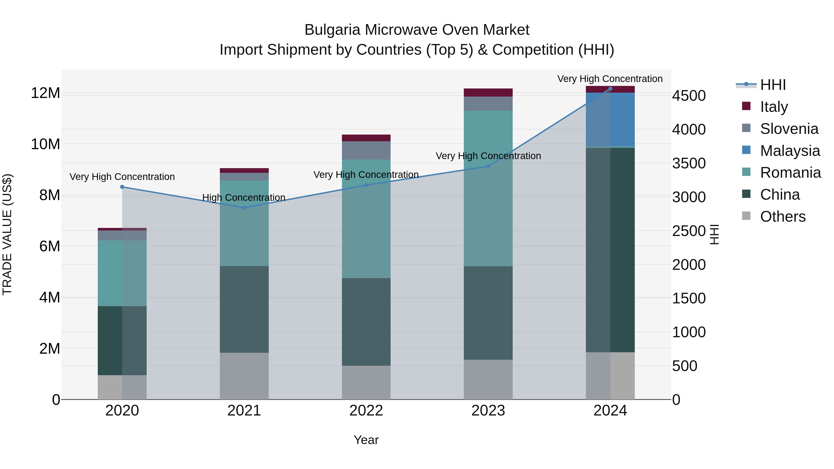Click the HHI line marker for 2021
(244, 208)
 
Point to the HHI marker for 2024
(610, 89)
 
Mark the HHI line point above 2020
(122, 187)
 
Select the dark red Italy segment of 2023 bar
(488, 93)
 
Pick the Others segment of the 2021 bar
(244, 376)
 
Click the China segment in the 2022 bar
(366, 322)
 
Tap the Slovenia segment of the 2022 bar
(366, 151)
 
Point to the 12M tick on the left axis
(45, 93)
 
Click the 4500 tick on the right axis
(689, 96)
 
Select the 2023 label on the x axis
(488, 411)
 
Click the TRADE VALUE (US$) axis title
(7, 234)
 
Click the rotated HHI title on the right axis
(714, 234)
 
